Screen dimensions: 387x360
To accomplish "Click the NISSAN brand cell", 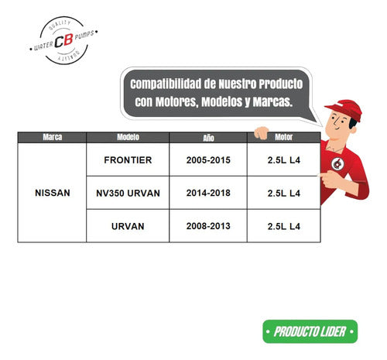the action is pyautogui.click(x=53, y=193).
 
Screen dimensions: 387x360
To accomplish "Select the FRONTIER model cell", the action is pyautogui.click(x=128, y=160).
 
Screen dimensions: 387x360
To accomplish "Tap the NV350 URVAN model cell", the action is pyautogui.click(x=128, y=193).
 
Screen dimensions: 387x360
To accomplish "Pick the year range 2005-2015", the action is pyautogui.click(x=208, y=160).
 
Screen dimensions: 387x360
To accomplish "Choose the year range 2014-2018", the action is pyautogui.click(x=208, y=193).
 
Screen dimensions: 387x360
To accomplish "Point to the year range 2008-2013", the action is pyautogui.click(x=208, y=226).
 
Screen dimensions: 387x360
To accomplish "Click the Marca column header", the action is pyautogui.click(x=53, y=137).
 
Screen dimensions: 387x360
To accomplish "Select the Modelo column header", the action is pyautogui.click(x=128, y=137).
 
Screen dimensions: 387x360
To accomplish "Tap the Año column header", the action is pyautogui.click(x=208, y=138).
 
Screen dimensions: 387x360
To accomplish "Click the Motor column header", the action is pyautogui.click(x=284, y=137).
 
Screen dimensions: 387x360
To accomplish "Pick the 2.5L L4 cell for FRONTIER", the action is pyautogui.click(x=284, y=160).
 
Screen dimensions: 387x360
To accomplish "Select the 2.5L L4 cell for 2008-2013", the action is pyautogui.click(x=284, y=226).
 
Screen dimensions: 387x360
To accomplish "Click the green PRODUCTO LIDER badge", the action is pyautogui.click(x=310, y=331).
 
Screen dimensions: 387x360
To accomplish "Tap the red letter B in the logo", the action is pyautogui.click(x=68, y=40).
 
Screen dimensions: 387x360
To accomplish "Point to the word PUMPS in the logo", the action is pyautogui.click(x=84, y=35).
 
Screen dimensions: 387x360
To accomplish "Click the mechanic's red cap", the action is pyautogui.click(x=345, y=109).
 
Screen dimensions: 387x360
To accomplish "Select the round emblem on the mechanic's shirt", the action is pyautogui.click(x=337, y=164).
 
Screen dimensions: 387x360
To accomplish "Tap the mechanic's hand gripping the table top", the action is pyautogui.click(x=262, y=133).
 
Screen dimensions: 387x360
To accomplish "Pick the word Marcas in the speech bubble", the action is pyautogui.click(x=272, y=101).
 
